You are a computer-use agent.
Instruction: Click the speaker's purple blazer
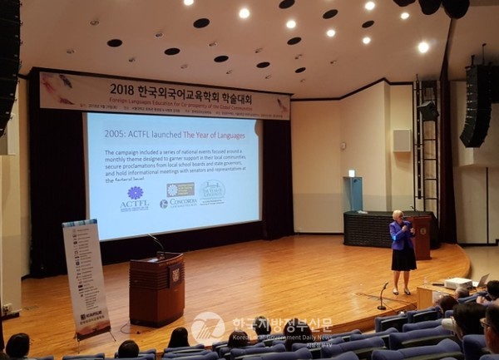(402, 235)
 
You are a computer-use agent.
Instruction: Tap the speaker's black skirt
(403, 259)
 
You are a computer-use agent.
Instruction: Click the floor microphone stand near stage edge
(383, 294)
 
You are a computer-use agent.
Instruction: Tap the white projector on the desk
(458, 283)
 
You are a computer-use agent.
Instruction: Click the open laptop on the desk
(482, 280)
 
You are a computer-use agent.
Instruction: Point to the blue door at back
(356, 194)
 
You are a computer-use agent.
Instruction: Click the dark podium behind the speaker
(422, 238)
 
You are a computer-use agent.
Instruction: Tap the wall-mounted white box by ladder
(402, 140)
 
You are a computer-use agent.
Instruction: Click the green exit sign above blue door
(352, 173)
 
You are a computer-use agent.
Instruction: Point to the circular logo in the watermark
(208, 328)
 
